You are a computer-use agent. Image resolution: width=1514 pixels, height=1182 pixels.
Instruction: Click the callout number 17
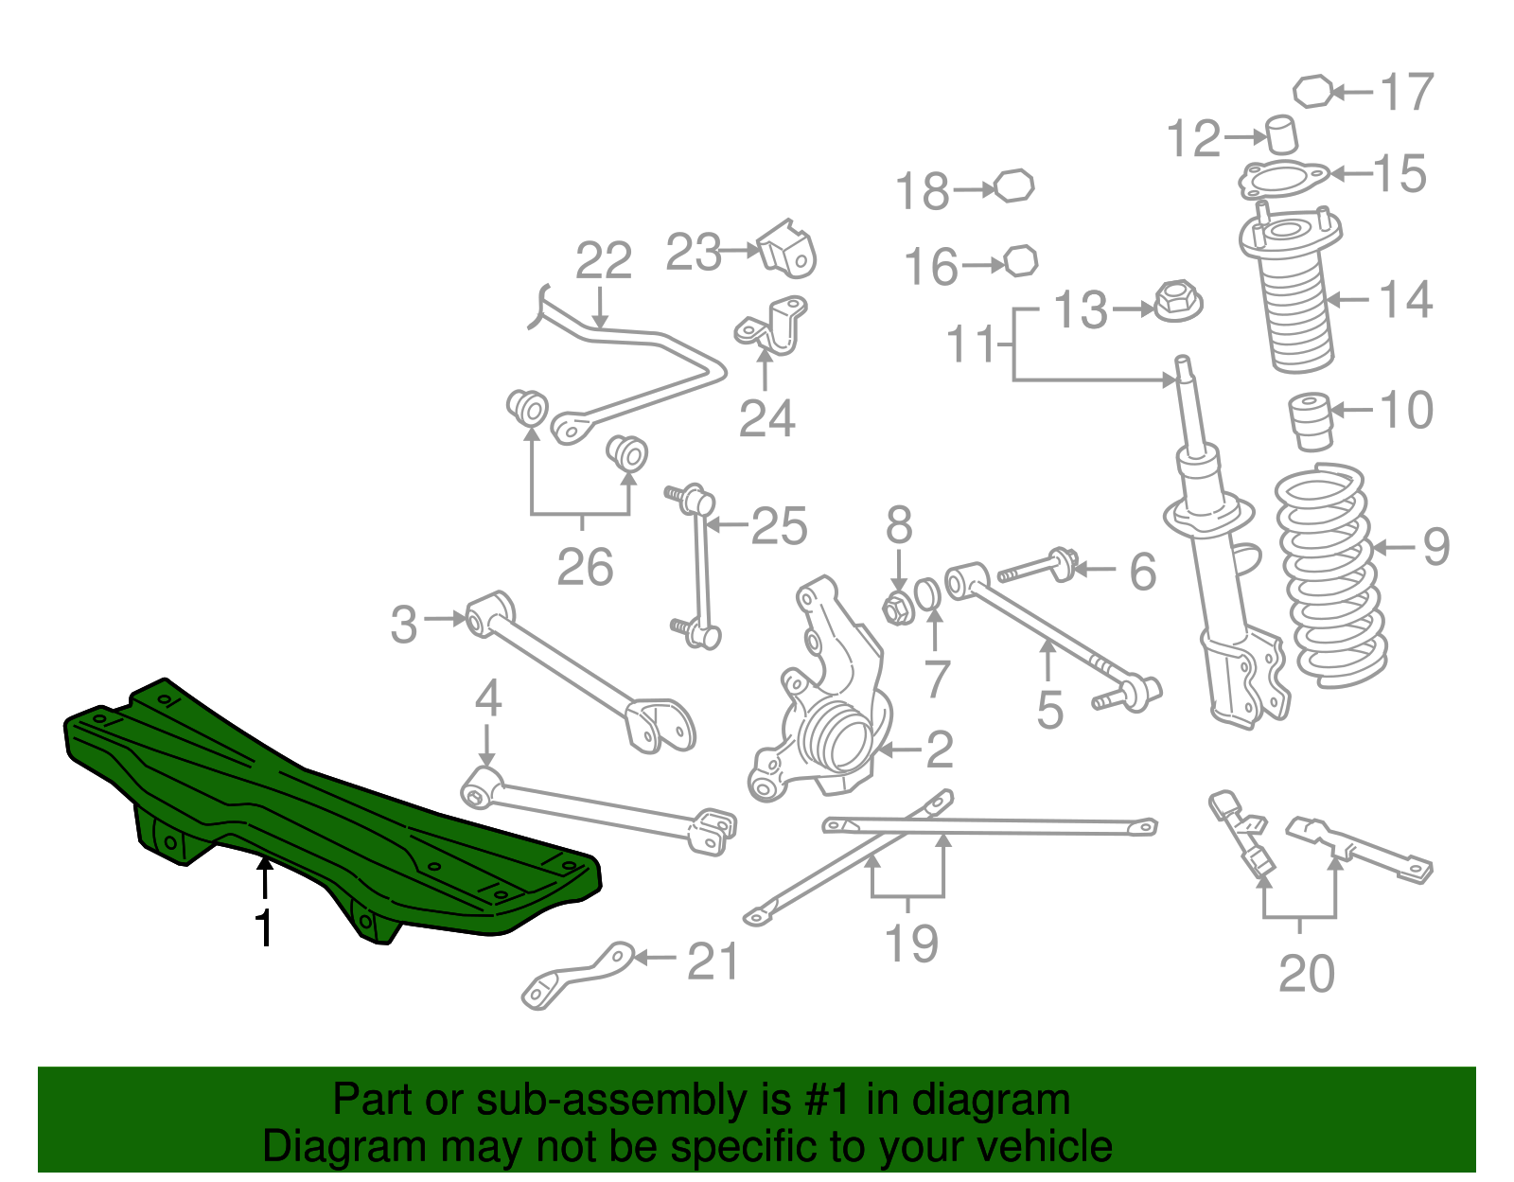[x=1407, y=92]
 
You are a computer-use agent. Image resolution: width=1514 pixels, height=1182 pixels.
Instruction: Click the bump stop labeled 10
[x=1312, y=420]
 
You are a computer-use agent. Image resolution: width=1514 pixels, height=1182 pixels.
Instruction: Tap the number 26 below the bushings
[x=585, y=567]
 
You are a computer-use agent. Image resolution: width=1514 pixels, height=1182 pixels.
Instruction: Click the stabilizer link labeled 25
[x=700, y=568]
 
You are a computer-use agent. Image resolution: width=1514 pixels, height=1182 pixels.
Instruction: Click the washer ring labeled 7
[x=928, y=593]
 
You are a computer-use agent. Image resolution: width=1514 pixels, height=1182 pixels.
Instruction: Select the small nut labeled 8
[x=897, y=608]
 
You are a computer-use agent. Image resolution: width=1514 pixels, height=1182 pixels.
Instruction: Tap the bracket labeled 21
[x=577, y=975]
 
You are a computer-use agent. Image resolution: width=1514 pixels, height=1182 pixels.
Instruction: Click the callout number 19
[x=910, y=944]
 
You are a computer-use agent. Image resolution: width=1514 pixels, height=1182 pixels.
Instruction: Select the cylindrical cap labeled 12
[x=1281, y=134]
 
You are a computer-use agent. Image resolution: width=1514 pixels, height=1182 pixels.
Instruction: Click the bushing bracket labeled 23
[x=787, y=250]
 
